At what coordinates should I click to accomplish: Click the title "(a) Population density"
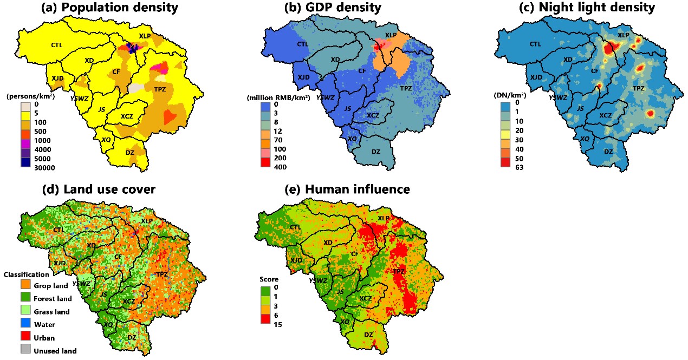[110, 8]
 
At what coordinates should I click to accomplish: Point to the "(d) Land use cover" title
[110, 189]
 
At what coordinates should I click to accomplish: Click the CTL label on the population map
[57, 45]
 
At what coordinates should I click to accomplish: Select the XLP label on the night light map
[624, 35]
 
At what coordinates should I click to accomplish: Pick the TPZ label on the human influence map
[399, 271]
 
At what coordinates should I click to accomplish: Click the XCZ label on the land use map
[129, 301]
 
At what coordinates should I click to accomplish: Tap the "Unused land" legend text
[55, 351]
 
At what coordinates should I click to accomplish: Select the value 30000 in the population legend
[47, 168]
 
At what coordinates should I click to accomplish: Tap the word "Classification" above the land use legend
[27, 274]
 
